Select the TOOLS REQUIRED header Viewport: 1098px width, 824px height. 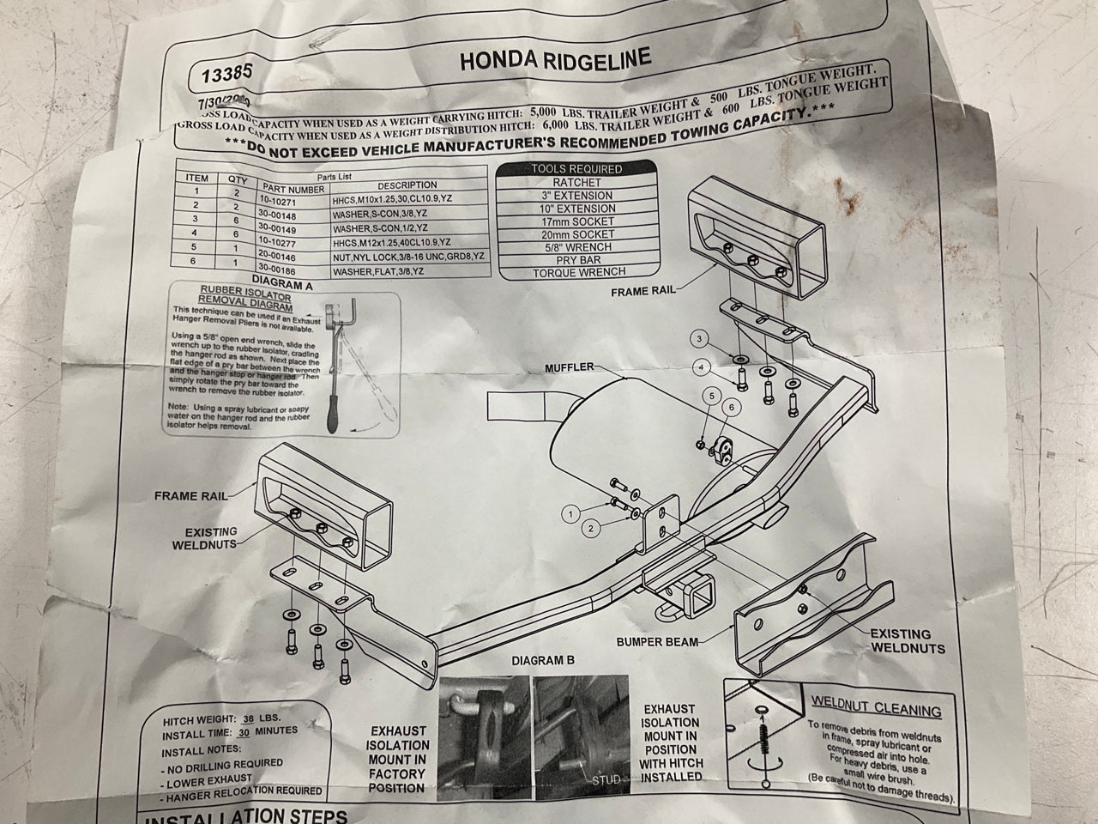[x=576, y=169]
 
